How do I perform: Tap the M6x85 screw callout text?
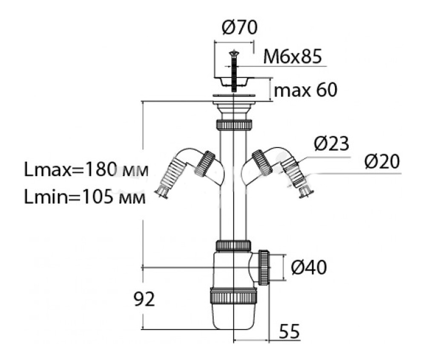pyautogui.click(x=293, y=57)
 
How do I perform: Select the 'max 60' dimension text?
pyautogui.click(x=305, y=90)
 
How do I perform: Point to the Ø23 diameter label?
pyautogui.click(x=331, y=143)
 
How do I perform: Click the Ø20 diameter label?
pyautogui.click(x=382, y=161)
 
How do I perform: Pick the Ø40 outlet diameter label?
pyautogui.click(x=308, y=268)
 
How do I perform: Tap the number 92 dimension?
pyautogui.click(x=144, y=299)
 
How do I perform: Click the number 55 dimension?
pyautogui.click(x=289, y=331)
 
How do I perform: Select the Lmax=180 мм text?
pyautogui.click(x=86, y=169)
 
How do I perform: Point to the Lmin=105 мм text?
pyautogui.click(x=85, y=197)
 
